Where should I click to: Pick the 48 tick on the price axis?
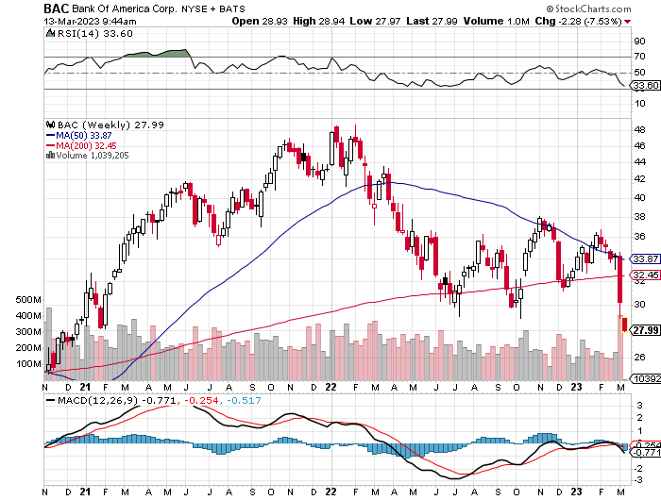click(x=638, y=130)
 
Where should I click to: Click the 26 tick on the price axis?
click(x=638, y=357)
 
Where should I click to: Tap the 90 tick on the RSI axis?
click(x=638, y=42)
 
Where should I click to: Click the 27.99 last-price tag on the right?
click(x=646, y=330)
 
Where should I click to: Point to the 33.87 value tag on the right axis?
click(x=646, y=258)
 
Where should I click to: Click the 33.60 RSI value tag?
click(x=646, y=85)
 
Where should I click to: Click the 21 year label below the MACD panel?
click(x=85, y=492)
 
